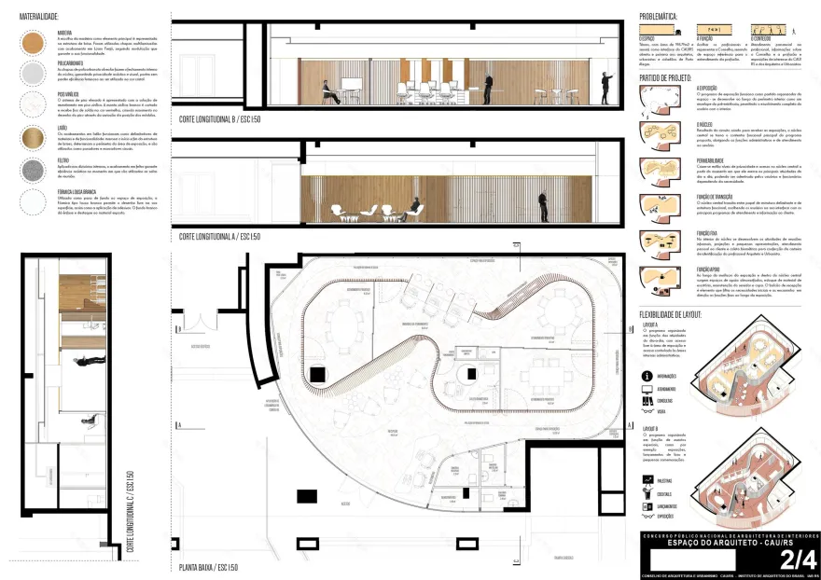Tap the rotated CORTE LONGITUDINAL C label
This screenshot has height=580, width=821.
click(x=131, y=513)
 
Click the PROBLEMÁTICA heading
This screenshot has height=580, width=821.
click(x=663, y=17)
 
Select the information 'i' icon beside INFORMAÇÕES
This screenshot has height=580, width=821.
click(x=647, y=378)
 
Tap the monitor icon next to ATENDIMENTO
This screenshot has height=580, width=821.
click(x=647, y=389)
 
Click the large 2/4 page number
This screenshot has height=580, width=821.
click(x=798, y=559)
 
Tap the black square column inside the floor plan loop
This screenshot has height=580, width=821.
click(x=317, y=374)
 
